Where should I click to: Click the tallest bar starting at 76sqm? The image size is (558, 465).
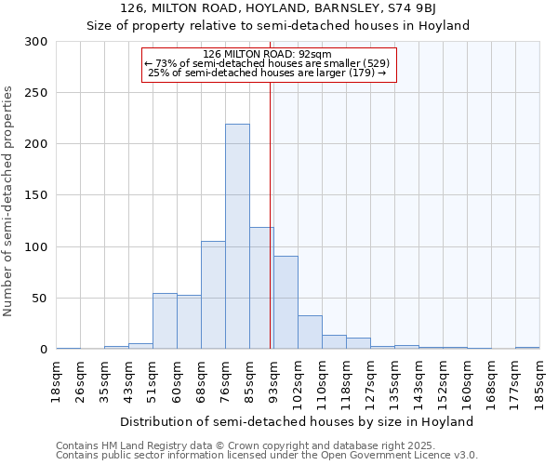click(237, 237)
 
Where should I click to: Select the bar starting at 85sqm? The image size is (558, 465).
click(261, 288)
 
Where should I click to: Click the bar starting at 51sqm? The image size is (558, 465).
click(165, 321)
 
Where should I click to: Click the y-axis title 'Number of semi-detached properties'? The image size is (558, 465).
click(8, 200)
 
